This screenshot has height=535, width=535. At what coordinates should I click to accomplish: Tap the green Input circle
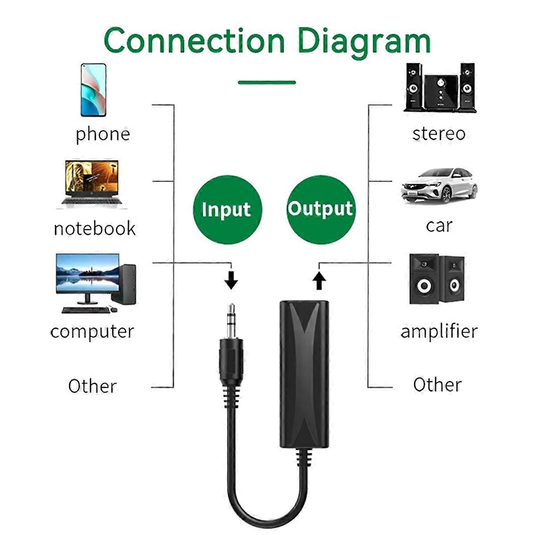point(227,210)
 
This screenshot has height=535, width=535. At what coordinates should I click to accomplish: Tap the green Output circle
point(320,209)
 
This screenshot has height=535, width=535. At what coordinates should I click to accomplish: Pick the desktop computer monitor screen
point(87,273)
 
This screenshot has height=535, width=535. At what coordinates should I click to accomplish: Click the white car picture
point(439,185)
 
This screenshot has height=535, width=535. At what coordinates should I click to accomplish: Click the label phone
point(103,134)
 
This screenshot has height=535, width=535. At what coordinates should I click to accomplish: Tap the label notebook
point(95,228)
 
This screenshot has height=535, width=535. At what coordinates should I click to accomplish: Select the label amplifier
point(439,331)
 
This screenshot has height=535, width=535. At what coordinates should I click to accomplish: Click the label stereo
point(439,133)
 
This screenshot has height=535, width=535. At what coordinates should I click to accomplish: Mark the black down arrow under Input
point(231,280)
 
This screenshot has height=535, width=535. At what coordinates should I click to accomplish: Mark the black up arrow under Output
point(319,281)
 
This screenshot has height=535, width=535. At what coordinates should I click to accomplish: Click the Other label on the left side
point(92,386)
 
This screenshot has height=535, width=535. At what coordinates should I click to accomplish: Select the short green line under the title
point(267,82)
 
